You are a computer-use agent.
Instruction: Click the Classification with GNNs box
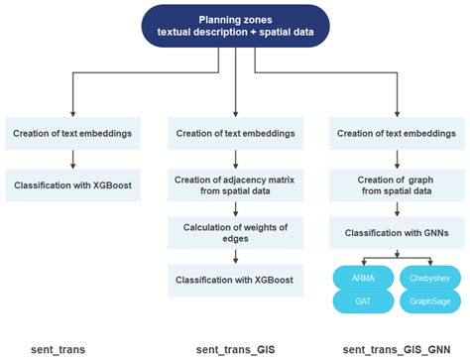(x=397, y=232)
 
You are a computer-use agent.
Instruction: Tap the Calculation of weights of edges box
(x=235, y=232)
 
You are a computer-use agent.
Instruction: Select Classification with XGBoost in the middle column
(x=235, y=281)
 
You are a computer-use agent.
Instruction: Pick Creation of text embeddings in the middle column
(x=235, y=134)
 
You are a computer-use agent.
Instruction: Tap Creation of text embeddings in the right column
(x=397, y=134)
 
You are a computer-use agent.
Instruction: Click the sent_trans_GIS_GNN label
(x=396, y=349)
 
